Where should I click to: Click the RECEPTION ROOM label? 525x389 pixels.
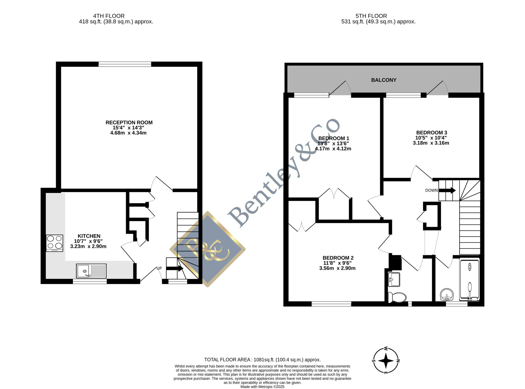(129, 122)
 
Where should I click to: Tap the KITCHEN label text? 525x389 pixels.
(89, 236)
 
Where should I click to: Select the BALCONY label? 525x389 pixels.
(384, 80)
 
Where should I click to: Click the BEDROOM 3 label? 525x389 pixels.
(432, 133)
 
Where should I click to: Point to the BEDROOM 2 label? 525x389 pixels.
(338, 258)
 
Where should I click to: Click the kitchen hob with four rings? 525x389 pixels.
(55, 243)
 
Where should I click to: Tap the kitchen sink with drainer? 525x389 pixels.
(91, 271)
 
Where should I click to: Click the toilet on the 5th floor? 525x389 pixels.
(397, 297)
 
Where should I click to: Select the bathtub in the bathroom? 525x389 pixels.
(470, 280)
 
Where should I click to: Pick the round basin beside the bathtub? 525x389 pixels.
(447, 295)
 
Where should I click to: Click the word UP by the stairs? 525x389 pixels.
(159, 268)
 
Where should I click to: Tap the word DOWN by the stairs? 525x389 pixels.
(432, 190)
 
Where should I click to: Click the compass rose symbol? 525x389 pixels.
(386, 361)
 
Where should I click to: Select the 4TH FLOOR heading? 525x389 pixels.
(109, 16)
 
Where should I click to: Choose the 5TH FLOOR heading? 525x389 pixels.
(371, 16)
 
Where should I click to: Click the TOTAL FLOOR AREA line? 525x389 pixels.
(262, 360)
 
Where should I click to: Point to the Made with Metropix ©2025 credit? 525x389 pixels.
(262, 387)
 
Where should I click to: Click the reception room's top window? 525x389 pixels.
(125, 64)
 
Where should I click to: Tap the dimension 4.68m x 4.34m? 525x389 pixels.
(128, 133)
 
